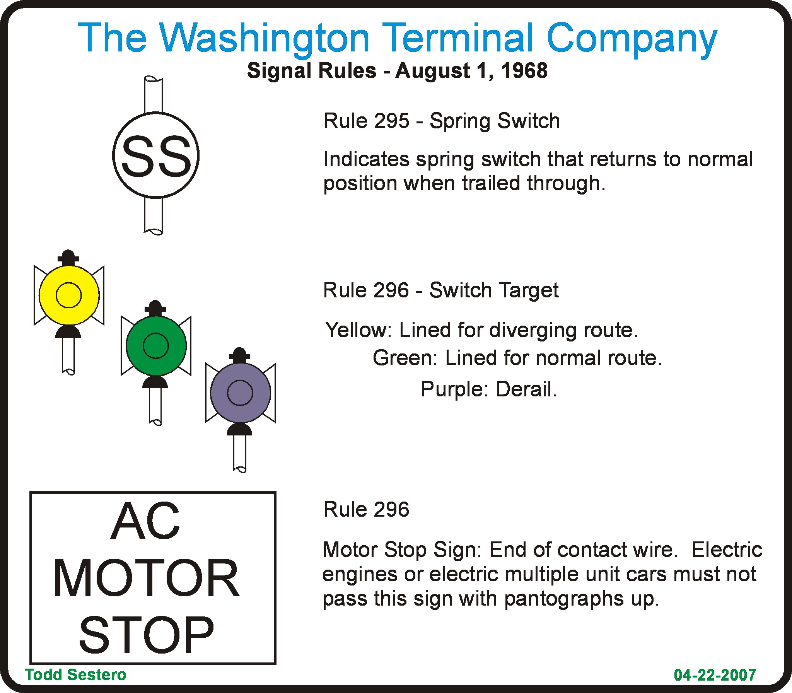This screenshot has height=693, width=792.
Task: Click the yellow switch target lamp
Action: coord(69,295)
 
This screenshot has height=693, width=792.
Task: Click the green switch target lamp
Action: coord(156,346)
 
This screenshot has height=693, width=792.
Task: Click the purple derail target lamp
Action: coord(240,393)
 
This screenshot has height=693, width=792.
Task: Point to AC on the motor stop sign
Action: coord(145,522)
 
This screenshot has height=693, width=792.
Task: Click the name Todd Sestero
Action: coord(76,674)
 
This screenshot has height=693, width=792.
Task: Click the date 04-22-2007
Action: coord(715,675)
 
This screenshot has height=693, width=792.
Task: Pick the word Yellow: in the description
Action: coord(359,330)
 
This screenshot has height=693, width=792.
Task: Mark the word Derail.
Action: coord(526,389)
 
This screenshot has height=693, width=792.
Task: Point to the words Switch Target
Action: coord(494,290)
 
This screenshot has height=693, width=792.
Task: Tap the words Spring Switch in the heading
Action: coord(495,121)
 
